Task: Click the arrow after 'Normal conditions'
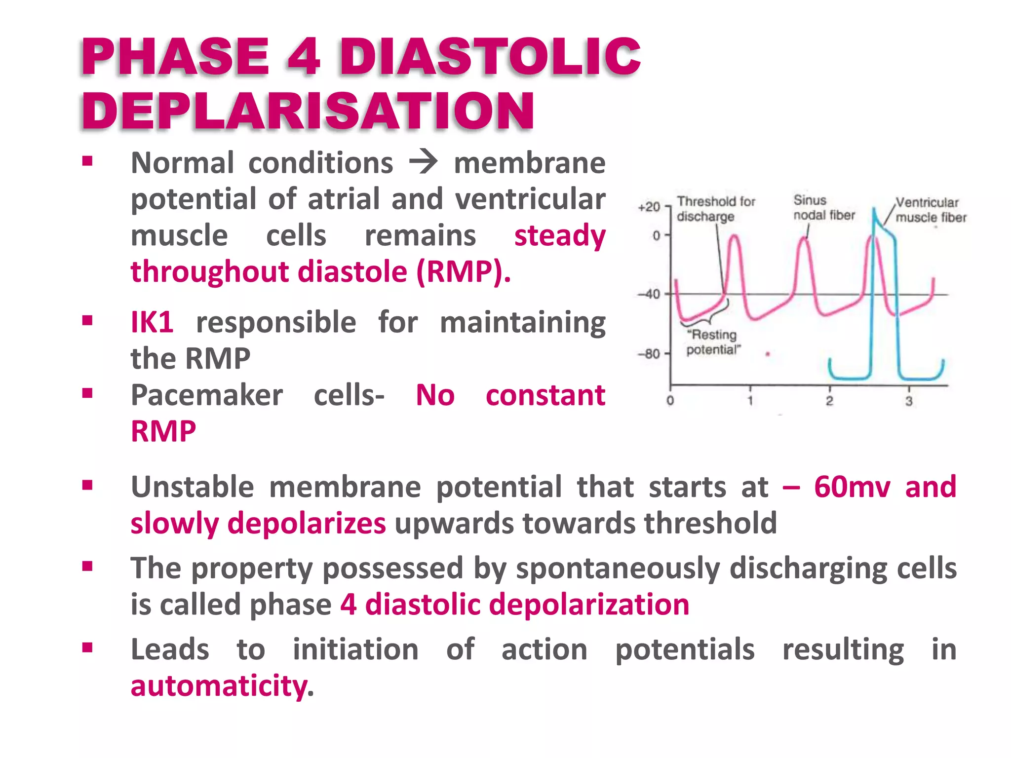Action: coord(423,162)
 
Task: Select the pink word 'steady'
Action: coord(560,235)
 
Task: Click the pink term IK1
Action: coord(152,322)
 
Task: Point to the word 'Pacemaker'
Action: coord(207,395)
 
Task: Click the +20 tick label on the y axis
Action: coord(649,207)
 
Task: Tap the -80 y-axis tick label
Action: coord(648,354)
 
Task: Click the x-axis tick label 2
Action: coord(829,401)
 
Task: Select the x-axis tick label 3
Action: coord(909,401)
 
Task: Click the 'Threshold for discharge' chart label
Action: coord(715,209)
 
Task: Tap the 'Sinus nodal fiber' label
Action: coord(823,208)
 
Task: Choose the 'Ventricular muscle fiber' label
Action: coord(930,210)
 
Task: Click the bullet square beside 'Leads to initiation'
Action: coord(87,647)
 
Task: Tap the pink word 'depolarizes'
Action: coord(306,523)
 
